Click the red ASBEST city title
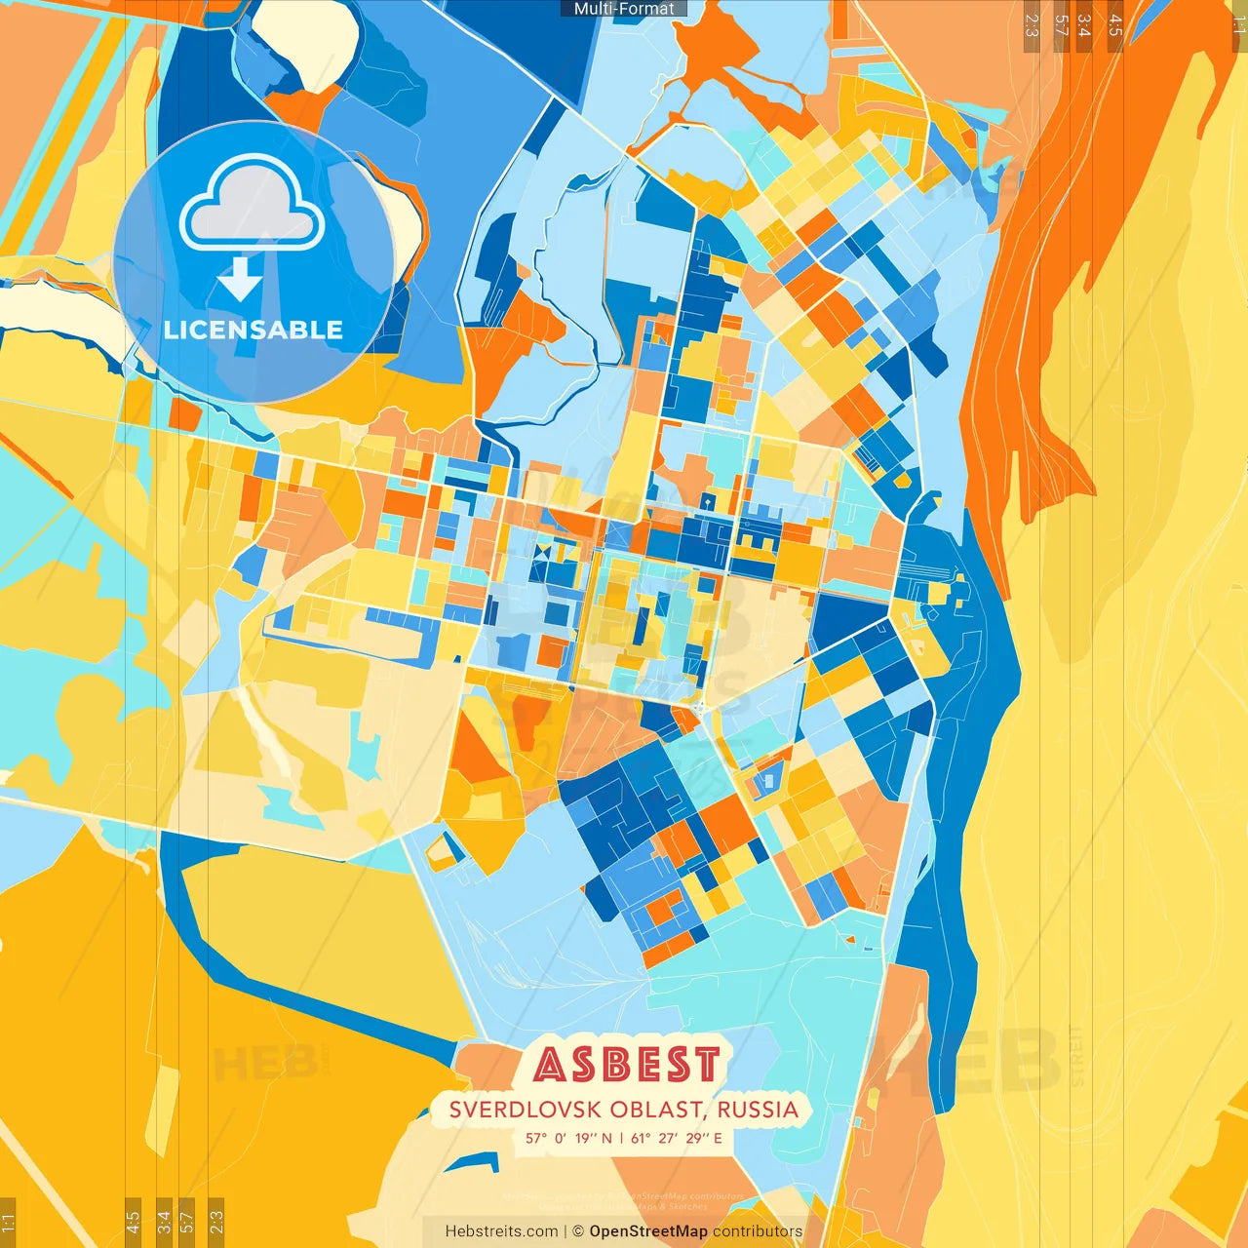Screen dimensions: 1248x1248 [627, 1065]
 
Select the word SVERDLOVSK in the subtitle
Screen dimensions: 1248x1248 [525, 1110]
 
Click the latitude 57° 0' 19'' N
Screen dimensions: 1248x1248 [568, 1138]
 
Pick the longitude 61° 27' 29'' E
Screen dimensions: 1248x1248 [677, 1138]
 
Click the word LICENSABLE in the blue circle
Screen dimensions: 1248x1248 [253, 330]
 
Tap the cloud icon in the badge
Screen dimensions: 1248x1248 [253, 204]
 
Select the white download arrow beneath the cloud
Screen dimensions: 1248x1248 [240, 279]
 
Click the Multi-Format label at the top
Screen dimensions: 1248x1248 [624, 9]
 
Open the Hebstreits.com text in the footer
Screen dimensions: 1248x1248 [501, 1231]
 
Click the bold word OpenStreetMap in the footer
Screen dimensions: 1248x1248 [647, 1231]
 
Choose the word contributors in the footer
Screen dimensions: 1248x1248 [758, 1231]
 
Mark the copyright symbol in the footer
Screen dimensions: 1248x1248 [578, 1231]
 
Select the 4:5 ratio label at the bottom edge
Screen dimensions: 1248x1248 [133, 1221]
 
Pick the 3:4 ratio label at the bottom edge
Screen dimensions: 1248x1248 [163, 1221]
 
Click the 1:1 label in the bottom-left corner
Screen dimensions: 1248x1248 [8, 1223]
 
